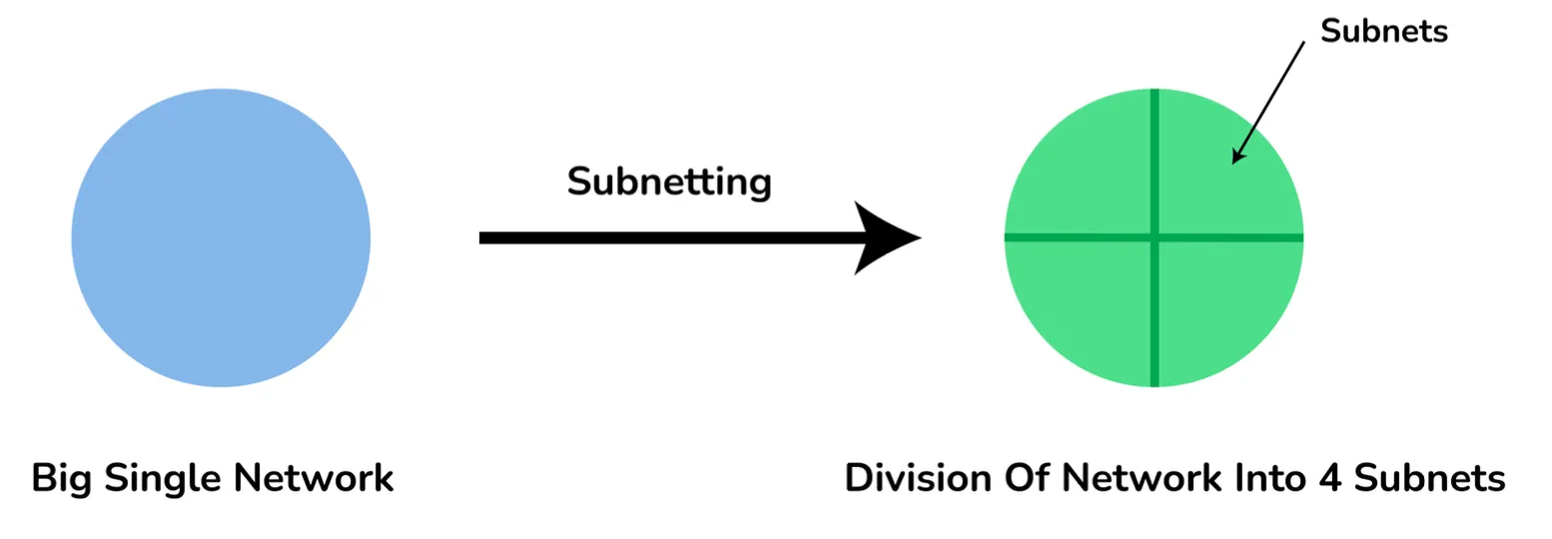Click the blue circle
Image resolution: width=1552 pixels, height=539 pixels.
(221, 238)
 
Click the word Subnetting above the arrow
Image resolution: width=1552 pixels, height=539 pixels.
(669, 182)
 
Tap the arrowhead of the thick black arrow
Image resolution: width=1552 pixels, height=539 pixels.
(889, 238)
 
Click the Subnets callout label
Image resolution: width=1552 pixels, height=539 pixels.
(1383, 31)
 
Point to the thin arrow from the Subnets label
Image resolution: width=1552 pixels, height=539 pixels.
(1268, 100)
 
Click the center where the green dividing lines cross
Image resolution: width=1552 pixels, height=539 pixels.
(1155, 238)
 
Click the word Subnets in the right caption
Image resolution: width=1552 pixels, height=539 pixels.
(1429, 478)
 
